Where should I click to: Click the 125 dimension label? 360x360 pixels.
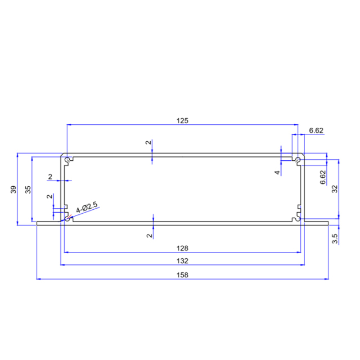pos(182,120)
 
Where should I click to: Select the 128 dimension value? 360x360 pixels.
pos(182,247)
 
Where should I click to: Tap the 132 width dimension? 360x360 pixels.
pos(182,261)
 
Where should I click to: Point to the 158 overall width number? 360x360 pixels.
pos(182,275)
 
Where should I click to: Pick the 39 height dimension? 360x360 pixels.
pos(14,190)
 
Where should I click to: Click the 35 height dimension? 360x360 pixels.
pos(28,190)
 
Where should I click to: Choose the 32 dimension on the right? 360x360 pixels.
pos(334,190)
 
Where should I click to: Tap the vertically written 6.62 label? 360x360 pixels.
pos(322,178)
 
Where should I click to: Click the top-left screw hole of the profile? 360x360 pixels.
pos(68,160)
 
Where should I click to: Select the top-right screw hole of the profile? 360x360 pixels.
pos(298,160)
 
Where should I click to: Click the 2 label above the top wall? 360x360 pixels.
pos(148,143)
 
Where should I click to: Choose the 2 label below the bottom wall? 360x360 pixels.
pos(148,236)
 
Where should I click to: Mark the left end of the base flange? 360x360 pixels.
pos(38,223)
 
